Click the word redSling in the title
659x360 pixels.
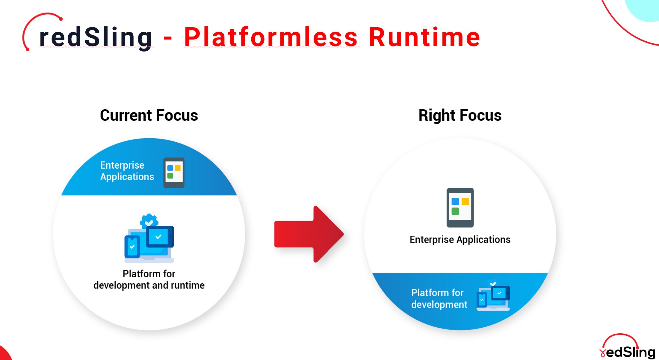[x=96, y=37]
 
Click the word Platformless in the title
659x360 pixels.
[x=271, y=37]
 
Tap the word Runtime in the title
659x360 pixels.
[x=424, y=37]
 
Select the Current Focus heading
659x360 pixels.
[x=149, y=115]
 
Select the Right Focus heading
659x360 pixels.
[x=460, y=115]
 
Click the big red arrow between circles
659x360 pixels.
[x=309, y=234]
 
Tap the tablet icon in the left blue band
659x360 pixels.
[x=174, y=173]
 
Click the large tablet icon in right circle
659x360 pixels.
[x=460, y=207]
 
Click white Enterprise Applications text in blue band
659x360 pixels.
[x=127, y=171]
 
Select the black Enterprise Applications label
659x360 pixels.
[x=460, y=240]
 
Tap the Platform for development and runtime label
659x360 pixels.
[x=149, y=279]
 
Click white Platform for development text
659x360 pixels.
[x=439, y=299]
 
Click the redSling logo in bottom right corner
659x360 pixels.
[x=628, y=347]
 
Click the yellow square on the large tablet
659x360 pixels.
[x=465, y=202]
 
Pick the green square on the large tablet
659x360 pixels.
[x=455, y=211]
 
